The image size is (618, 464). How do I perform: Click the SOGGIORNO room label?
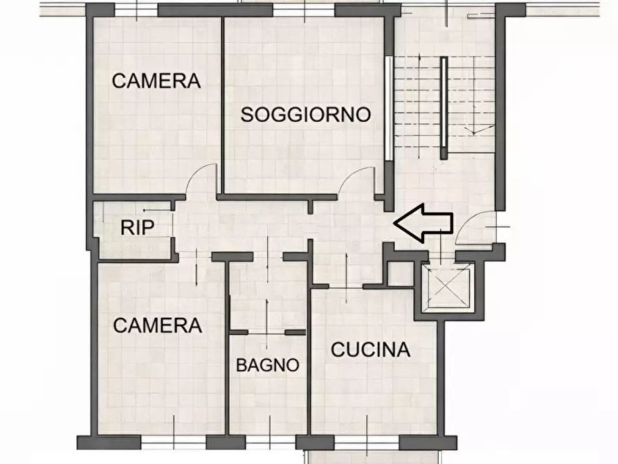[306, 114]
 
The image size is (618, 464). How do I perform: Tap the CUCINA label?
[371, 350]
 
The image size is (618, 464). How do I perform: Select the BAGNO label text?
[268, 364]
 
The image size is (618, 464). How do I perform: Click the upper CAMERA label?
[156, 80]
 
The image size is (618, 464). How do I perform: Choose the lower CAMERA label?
[158, 324]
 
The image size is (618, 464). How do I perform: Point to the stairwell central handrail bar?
[444, 104]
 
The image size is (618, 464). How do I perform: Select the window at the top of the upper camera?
[136, 10]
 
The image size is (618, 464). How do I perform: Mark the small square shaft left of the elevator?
[399, 274]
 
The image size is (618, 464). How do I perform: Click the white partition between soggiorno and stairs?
[389, 107]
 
